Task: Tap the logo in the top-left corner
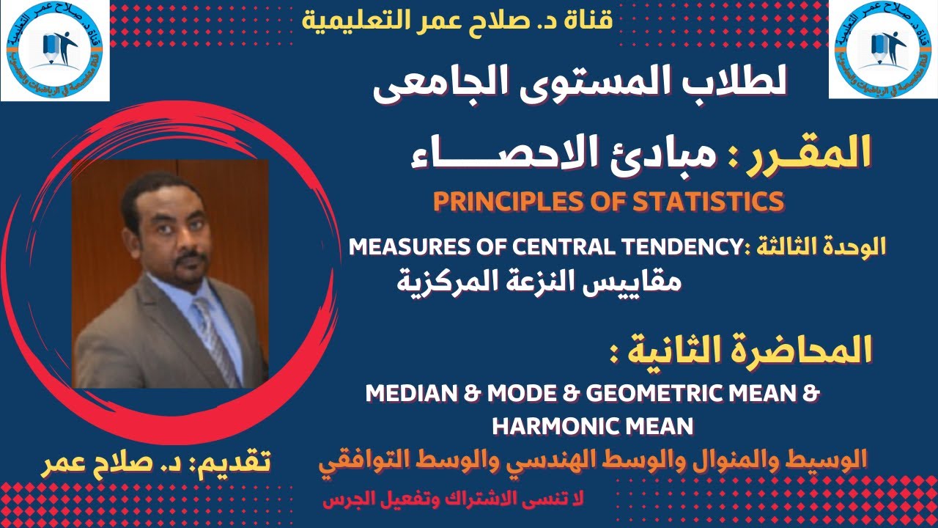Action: (55, 50)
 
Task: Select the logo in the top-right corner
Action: (883, 49)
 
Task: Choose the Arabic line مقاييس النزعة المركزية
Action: (539, 280)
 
